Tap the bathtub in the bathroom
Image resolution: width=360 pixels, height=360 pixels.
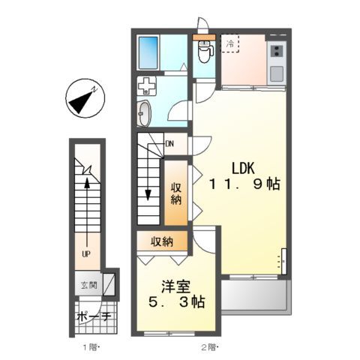pyautogui.click(x=151, y=53)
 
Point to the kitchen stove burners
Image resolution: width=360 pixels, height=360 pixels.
pyautogui.click(x=277, y=52)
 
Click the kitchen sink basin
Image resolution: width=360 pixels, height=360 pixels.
pyautogui.click(x=276, y=73)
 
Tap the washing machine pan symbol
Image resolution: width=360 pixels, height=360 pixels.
pyautogui.click(x=148, y=86)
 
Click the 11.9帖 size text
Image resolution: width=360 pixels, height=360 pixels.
pyautogui.click(x=244, y=184)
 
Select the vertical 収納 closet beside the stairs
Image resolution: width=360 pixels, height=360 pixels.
pyautogui.click(x=175, y=193)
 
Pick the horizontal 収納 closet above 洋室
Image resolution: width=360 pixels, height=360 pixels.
pyautogui.click(x=161, y=241)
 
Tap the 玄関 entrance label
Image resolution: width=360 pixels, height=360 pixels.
pyautogui.click(x=88, y=285)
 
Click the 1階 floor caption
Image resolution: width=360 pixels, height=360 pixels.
pyautogui.click(x=90, y=346)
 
